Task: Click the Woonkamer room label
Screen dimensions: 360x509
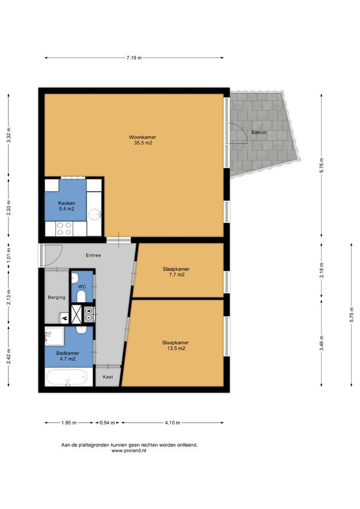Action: [142, 140]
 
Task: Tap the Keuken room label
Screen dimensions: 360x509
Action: [67, 206]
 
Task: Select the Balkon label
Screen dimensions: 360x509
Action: [259, 132]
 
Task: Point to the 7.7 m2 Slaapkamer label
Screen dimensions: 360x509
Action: [176, 272]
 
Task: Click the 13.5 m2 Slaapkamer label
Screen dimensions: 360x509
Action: [175, 345]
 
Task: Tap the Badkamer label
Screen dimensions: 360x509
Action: [68, 356]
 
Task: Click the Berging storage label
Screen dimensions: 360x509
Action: [56, 297]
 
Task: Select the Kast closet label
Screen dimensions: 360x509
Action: [108, 377]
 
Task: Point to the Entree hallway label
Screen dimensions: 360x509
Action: [93, 255]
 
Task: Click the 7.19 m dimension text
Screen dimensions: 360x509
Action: [134, 58]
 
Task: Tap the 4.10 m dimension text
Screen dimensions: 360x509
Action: [172, 423]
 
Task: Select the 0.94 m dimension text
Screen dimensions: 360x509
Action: [107, 423]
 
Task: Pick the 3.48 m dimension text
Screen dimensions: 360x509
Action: [322, 342]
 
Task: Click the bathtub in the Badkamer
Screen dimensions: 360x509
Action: [67, 377]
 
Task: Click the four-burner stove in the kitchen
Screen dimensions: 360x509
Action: [64, 228]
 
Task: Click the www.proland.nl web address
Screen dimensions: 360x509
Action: [128, 451]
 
